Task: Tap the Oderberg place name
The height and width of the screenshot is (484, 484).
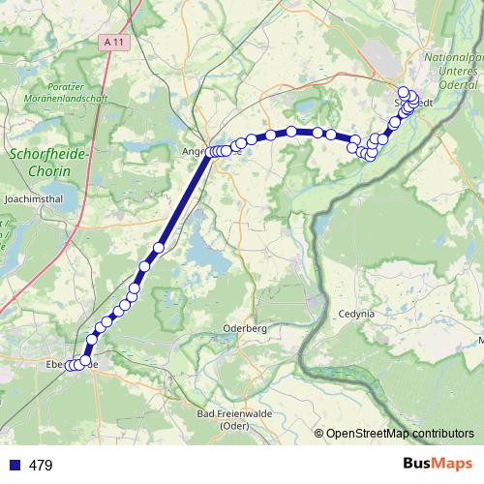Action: click(244, 328)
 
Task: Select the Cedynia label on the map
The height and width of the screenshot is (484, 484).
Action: click(355, 314)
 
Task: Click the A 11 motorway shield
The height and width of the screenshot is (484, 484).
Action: click(113, 42)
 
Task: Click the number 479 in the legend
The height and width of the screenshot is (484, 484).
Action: click(41, 466)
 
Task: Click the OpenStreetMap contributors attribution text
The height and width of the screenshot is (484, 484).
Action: click(400, 434)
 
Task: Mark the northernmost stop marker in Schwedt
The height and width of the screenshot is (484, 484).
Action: click(403, 92)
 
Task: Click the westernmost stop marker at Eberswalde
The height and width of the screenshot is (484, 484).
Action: click(69, 365)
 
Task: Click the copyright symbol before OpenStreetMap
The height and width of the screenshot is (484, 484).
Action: click(319, 434)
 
